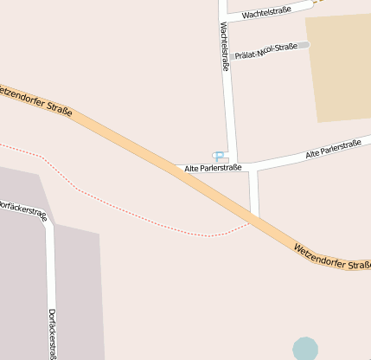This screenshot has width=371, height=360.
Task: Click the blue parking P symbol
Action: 219,155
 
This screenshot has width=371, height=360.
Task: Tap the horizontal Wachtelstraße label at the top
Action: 265,12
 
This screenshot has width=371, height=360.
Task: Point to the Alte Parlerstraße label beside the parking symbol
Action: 213,168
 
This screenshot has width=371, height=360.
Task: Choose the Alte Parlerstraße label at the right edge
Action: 333,149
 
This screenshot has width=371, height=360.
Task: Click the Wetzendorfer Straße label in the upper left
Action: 36,100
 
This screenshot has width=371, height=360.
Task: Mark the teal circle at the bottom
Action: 304,349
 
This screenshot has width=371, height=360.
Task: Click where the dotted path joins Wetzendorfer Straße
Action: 248,222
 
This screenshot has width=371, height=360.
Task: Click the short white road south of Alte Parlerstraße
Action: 254,192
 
